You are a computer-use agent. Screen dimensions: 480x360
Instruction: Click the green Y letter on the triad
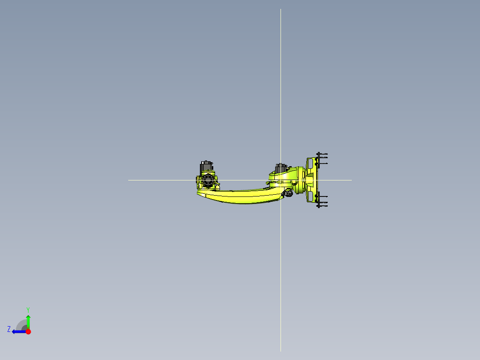click(28, 310)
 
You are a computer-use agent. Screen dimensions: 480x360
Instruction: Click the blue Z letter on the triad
click(9, 329)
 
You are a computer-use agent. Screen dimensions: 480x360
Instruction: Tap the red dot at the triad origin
click(28, 331)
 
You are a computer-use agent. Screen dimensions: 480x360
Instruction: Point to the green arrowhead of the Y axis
click(28, 318)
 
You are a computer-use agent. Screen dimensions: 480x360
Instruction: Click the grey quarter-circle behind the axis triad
click(21, 325)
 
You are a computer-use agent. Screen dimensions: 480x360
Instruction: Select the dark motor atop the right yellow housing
click(281, 168)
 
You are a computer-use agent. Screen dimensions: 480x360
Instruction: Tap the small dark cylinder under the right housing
click(288, 193)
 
